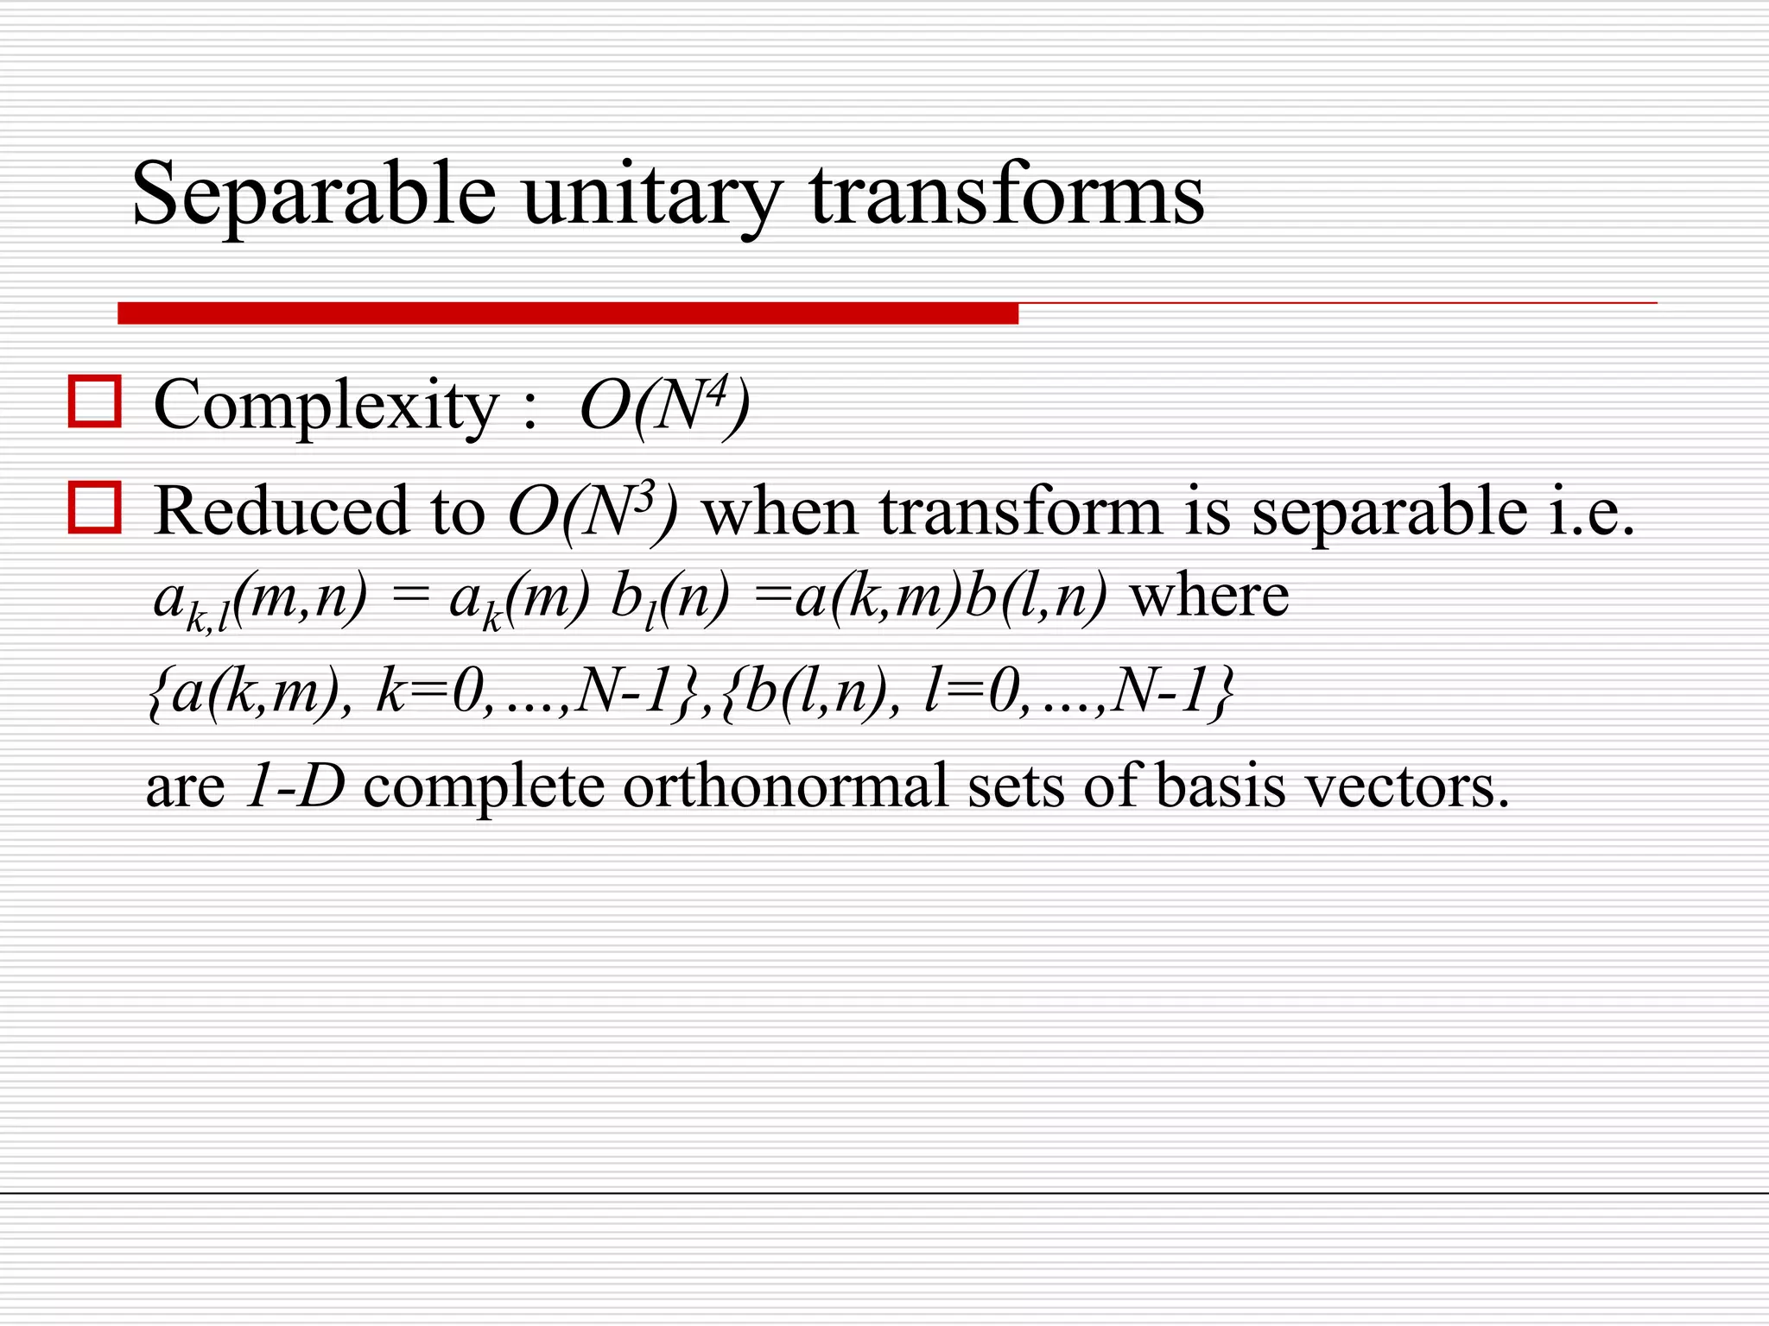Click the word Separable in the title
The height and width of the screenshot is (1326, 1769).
click(314, 194)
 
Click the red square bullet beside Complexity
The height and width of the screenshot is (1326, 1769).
click(94, 401)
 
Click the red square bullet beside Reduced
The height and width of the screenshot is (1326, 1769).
click(94, 508)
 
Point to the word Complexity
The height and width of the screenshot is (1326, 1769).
click(326, 406)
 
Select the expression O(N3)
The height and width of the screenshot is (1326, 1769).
click(593, 511)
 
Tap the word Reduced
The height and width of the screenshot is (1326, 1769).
click(278, 511)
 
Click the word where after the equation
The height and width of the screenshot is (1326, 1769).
click(1209, 596)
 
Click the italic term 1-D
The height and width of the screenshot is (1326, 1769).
click(295, 786)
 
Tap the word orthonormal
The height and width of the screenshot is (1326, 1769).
click(785, 786)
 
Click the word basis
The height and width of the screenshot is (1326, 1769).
click(1221, 786)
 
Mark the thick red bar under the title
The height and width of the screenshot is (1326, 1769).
click(567, 313)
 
